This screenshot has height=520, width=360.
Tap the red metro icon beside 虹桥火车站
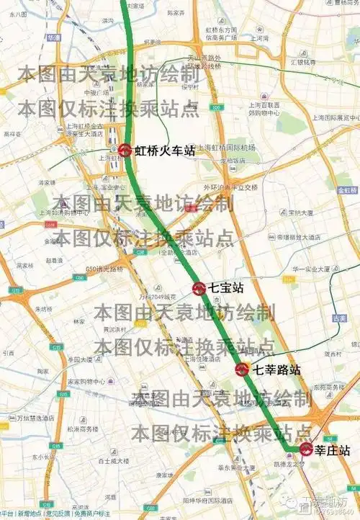[125, 151]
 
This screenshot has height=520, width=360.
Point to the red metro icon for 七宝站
[200, 289]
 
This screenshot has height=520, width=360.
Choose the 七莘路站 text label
[275, 370]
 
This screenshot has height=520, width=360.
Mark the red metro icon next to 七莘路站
[243, 370]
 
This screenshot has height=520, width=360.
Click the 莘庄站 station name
[333, 451]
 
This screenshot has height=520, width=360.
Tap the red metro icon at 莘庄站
[307, 451]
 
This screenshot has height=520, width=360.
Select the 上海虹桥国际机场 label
[227, 148]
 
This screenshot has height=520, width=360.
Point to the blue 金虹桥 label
[345, 189]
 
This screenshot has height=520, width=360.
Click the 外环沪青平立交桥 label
[230, 187]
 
